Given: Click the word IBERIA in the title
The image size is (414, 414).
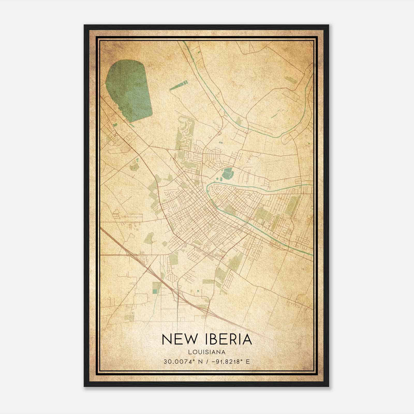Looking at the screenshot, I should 228,339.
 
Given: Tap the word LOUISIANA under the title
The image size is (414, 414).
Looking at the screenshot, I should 207,352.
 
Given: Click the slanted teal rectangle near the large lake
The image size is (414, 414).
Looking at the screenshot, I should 179,85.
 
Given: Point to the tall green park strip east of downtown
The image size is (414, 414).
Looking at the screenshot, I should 292,204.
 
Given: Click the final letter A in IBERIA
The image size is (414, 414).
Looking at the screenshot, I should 246,339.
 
